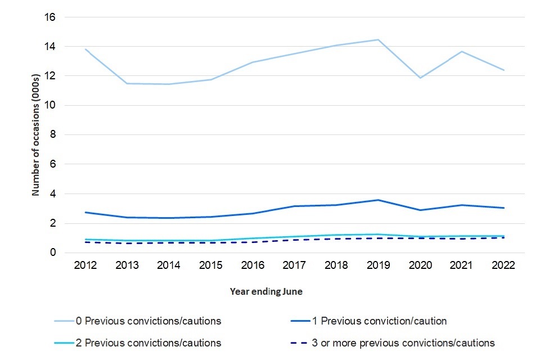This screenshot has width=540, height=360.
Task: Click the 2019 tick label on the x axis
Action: point(378,265)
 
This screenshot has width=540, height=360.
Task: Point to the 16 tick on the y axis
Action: point(51,17)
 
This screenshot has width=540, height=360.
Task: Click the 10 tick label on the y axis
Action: point(51,105)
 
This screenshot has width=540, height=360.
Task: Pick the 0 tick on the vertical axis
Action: point(53,253)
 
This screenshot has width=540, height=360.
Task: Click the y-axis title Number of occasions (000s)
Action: point(36,135)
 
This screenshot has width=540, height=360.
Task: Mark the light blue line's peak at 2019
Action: point(378,39)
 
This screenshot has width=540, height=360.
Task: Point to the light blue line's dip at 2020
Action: point(420,78)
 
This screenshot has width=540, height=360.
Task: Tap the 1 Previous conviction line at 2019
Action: point(378,200)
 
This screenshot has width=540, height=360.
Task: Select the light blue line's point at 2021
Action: point(462,52)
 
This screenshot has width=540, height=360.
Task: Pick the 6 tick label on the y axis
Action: point(53,164)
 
